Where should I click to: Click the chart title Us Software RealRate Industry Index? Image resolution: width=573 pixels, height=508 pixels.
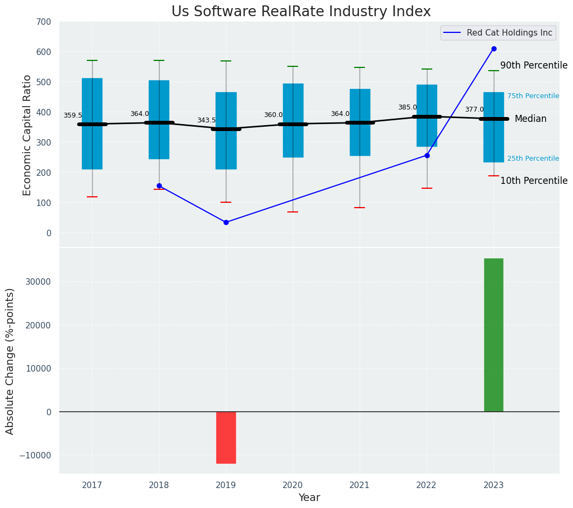tap(301, 12)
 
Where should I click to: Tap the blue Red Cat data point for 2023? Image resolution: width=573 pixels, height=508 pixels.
tap(494, 49)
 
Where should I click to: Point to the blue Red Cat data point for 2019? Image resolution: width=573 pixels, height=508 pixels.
tap(226, 222)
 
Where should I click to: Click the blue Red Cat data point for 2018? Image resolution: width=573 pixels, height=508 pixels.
tap(159, 186)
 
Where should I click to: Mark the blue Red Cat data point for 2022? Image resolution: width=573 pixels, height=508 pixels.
tap(427, 155)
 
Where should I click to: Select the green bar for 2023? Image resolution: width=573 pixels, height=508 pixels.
tap(493, 335)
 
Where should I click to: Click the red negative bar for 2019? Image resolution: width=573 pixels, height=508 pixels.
tap(226, 437)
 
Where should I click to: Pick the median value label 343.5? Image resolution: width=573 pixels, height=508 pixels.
tap(206, 121)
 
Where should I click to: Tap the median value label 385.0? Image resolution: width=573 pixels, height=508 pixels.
tap(408, 108)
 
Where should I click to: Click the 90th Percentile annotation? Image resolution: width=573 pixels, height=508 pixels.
tap(534, 66)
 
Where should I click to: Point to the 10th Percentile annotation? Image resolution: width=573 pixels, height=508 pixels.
tap(534, 181)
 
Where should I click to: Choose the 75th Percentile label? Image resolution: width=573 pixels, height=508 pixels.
tap(533, 96)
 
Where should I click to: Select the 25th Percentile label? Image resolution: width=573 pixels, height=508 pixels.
tap(533, 159)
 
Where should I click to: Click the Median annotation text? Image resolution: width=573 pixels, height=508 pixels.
tap(530, 119)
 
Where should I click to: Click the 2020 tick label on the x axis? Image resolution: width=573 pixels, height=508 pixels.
tap(293, 485)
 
